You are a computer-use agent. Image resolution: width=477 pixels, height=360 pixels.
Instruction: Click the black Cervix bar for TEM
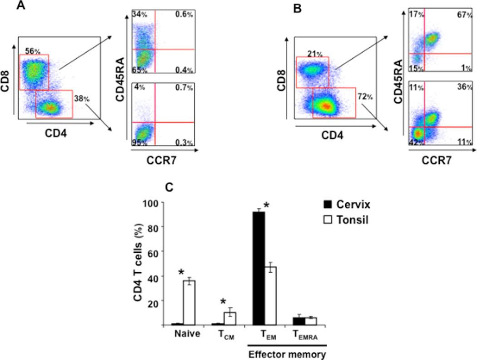(258, 268)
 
